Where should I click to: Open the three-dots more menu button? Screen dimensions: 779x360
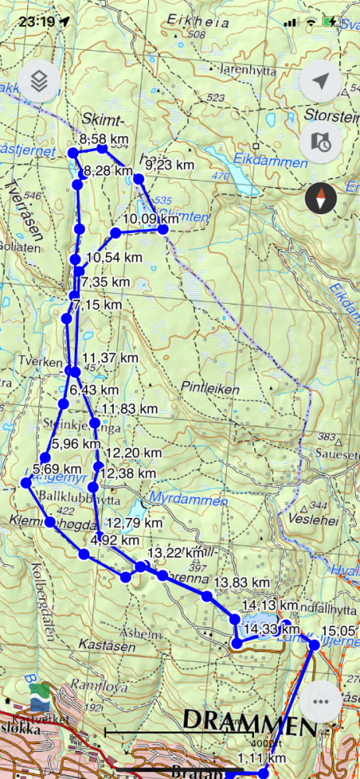tap(320, 700)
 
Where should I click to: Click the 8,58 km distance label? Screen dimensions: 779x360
tap(104, 140)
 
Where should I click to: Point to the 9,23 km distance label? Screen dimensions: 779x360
tap(169, 164)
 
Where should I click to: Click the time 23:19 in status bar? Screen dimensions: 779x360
tap(38, 21)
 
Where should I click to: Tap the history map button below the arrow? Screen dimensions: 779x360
tap(320, 141)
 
